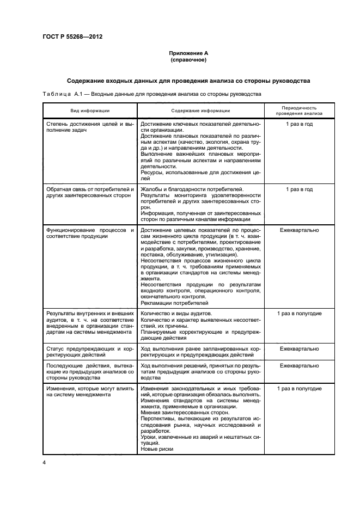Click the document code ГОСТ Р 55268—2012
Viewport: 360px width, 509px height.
(x=72, y=36)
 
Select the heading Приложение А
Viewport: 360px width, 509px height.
(x=187, y=53)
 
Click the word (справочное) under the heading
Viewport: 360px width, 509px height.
(x=187, y=60)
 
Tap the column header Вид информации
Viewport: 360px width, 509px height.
(x=89, y=111)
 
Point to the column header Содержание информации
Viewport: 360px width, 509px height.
(x=200, y=111)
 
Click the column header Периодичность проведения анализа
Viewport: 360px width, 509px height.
(x=299, y=111)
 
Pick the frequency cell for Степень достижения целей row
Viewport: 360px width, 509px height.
(x=299, y=125)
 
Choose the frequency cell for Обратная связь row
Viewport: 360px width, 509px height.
(x=299, y=189)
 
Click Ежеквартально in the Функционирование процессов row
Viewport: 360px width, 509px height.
(x=299, y=230)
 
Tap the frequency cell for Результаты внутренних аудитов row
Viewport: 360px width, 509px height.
(x=299, y=314)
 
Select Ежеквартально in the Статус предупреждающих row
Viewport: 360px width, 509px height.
(x=299, y=347)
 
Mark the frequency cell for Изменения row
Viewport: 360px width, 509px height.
(x=299, y=389)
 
